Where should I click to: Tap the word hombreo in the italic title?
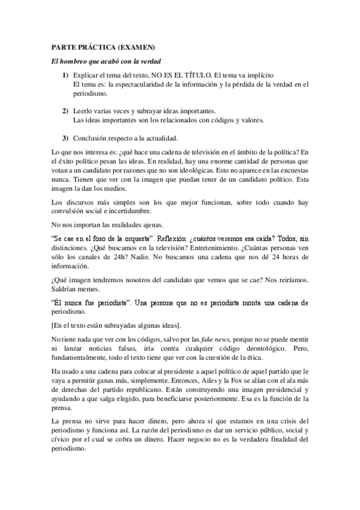(x=80, y=61)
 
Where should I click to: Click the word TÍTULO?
(x=197, y=75)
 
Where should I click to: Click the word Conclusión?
(x=91, y=140)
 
